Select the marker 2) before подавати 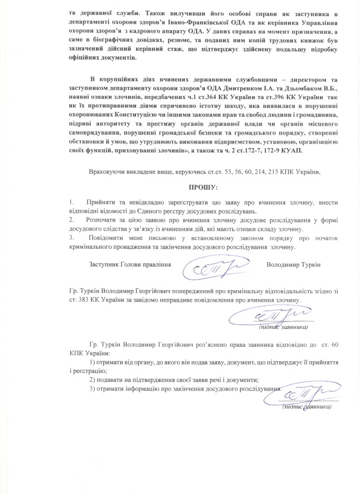pos(92,379)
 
